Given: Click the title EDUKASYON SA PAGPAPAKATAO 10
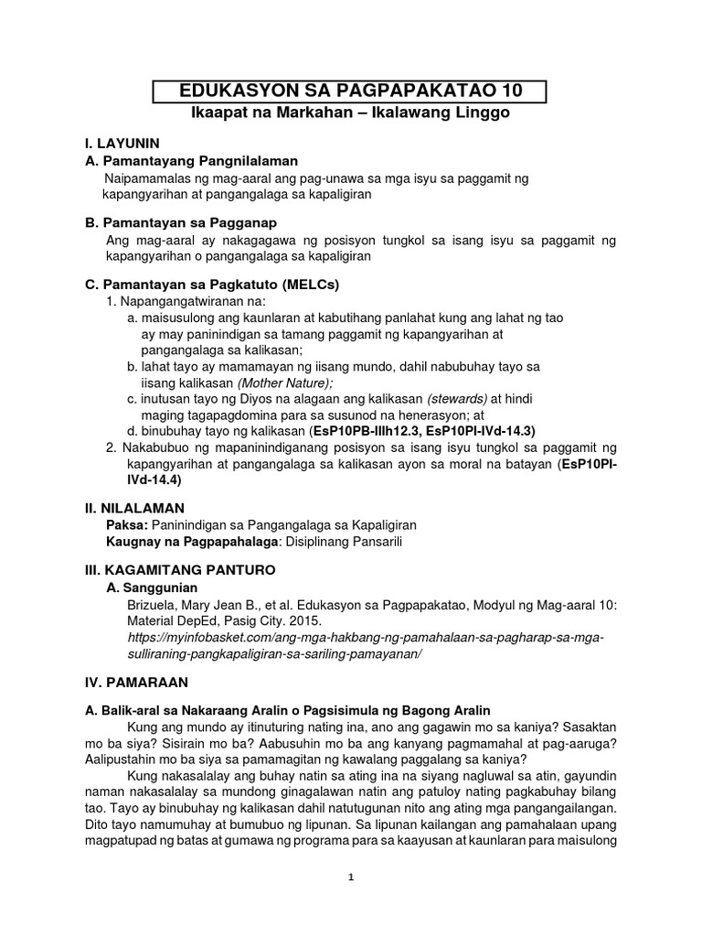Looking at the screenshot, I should (x=350, y=92).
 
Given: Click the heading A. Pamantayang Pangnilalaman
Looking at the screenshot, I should (x=179, y=160).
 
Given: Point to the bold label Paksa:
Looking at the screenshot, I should (x=127, y=524).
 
